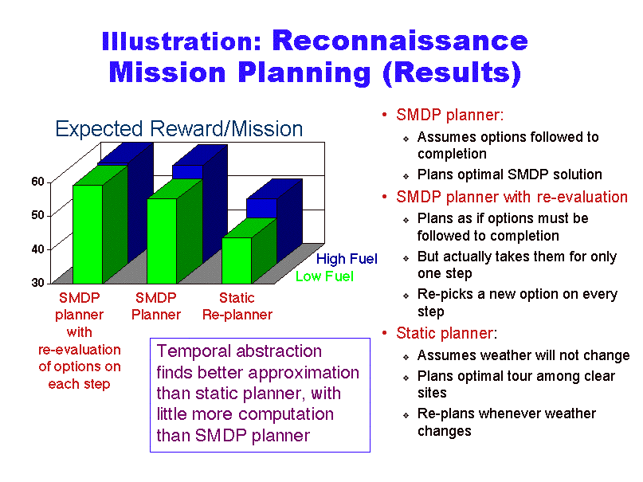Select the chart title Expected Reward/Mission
[179, 129]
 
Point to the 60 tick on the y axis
[37, 182]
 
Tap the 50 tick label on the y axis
[37, 215]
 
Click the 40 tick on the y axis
[37, 249]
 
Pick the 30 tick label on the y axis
[37, 283]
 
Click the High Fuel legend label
[347, 259]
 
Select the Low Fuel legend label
[324, 276]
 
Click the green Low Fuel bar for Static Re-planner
[237, 261]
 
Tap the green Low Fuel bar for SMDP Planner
[162, 241]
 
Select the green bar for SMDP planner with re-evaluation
[88, 233]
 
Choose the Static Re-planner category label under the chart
[237, 306]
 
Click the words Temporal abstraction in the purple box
[239, 351]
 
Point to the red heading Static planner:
[446, 333]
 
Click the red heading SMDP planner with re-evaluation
[512, 197]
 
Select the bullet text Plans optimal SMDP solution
[510, 174]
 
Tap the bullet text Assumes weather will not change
[523, 355]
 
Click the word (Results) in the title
[452, 72]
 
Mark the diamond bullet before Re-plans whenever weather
[406, 416]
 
